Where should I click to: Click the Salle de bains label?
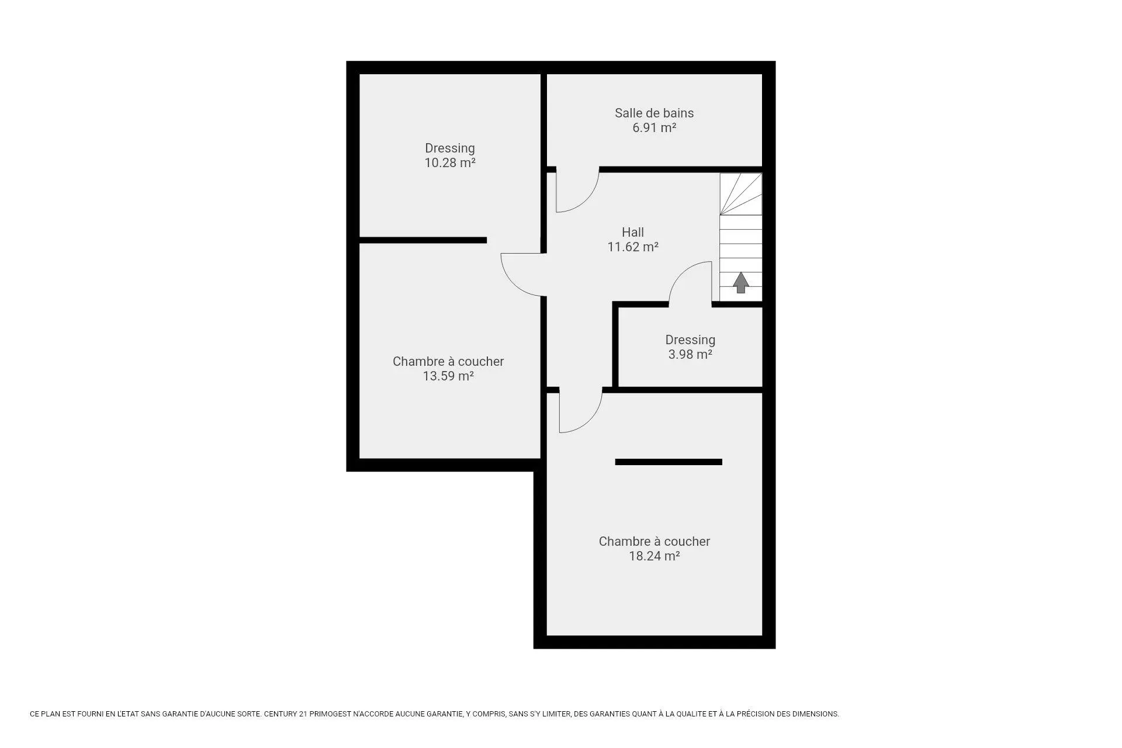(654, 113)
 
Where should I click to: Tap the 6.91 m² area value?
(654, 127)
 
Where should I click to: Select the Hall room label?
(633, 232)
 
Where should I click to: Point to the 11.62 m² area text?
(633, 247)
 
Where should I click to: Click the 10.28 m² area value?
(450, 162)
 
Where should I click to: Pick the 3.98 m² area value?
(690, 354)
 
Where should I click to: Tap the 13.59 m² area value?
(448, 376)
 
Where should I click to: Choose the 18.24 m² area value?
(654, 556)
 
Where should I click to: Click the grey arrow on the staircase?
(741, 282)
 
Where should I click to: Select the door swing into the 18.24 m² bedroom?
(590, 420)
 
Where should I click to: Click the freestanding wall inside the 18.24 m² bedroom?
(669, 462)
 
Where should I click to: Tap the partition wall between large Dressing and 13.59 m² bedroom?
(423, 240)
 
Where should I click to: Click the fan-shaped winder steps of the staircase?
(740, 194)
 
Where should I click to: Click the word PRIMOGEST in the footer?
(330, 714)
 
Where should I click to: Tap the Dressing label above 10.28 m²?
(450, 148)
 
